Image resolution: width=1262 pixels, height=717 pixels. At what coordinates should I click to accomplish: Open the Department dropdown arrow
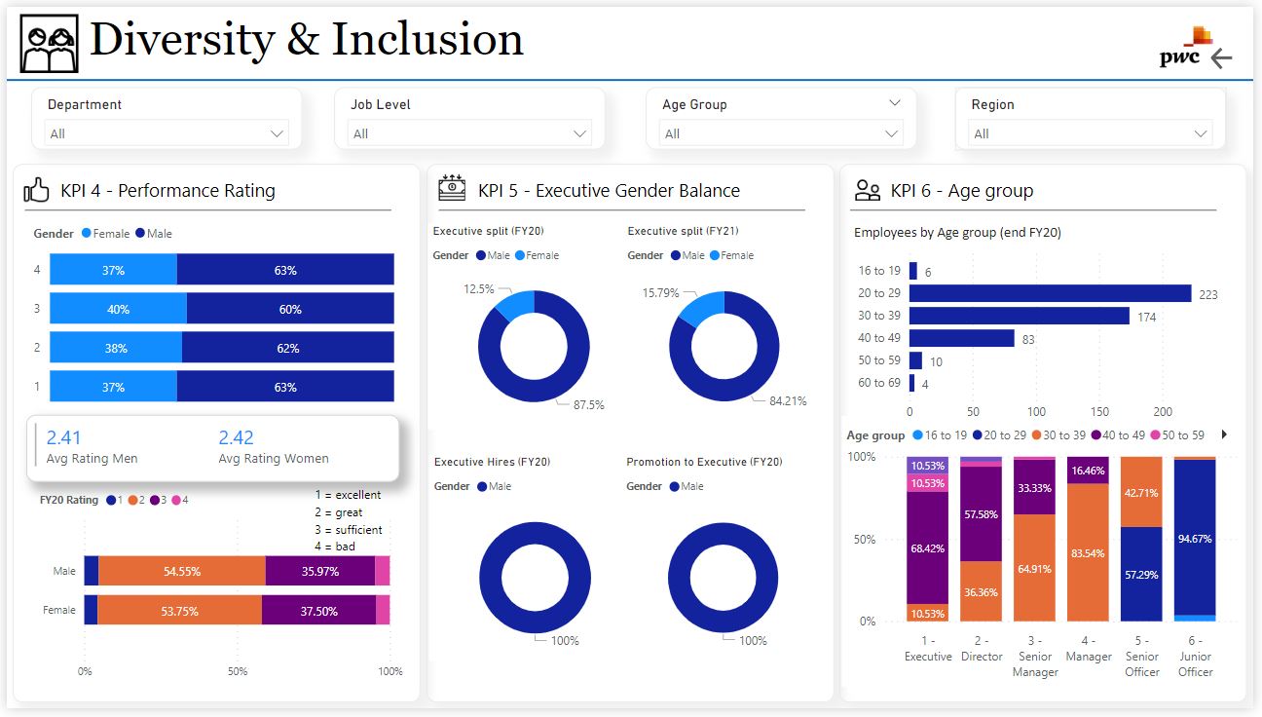coord(278,133)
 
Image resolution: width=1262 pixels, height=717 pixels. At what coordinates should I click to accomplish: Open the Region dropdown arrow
coord(1201,133)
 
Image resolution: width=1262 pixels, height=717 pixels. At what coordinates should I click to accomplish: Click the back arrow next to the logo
coord(1221,58)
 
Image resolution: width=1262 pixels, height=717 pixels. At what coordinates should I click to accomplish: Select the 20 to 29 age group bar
coord(1050,293)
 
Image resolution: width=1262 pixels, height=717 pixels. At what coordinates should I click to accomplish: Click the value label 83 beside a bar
coord(1028,339)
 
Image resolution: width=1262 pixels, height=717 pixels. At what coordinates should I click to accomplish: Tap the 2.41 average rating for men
coord(64,438)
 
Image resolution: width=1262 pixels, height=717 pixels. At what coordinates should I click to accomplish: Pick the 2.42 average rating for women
coord(236,438)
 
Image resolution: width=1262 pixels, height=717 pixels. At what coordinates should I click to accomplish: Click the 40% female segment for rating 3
coord(118,309)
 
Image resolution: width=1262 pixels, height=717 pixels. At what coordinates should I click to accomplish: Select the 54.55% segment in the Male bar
coord(181,571)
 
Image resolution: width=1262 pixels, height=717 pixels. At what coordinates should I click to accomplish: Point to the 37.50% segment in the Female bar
coord(318,610)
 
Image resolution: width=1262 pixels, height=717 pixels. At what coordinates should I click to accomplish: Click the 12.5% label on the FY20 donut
coord(478,289)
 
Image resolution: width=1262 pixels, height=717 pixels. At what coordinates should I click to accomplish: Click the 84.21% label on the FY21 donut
coord(787,400)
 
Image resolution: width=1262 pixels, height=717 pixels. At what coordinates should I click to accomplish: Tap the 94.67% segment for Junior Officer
coord(1195,536)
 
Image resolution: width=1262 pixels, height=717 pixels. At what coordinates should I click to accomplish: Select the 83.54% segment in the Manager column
coord(1088,552)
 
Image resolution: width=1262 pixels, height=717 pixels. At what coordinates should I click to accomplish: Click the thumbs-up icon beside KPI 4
coord(37,191)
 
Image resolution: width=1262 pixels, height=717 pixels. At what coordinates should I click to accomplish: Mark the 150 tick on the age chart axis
coord(1099,412)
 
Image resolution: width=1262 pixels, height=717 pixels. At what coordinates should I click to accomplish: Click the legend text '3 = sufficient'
coord(348,530)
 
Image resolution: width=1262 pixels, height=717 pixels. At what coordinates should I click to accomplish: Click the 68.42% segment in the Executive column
coord(928,547)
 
